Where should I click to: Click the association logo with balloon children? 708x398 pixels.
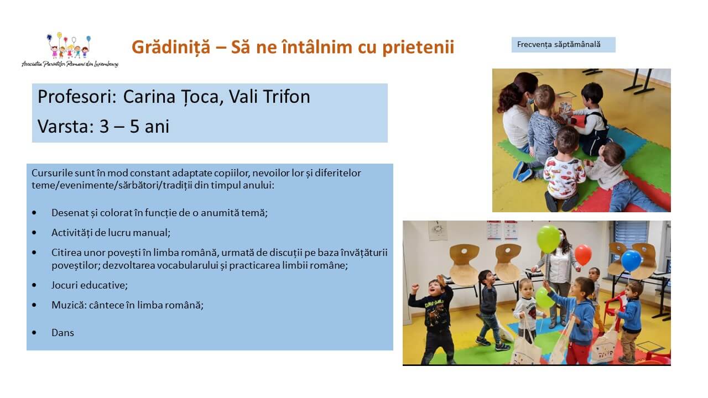click(70, 50)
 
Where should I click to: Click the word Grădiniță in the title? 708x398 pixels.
click(171, 48)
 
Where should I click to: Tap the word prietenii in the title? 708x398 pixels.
click(418, 48)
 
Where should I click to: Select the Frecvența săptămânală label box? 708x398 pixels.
click(563, 45)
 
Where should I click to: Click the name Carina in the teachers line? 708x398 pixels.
click(149, 97)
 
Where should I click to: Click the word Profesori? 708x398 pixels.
click(77, 97)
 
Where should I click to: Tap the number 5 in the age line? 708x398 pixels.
click(134, 127)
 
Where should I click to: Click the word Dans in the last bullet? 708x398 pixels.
click(63, 333)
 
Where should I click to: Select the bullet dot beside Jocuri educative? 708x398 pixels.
click(34, 285)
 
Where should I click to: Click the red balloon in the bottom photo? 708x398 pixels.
click(583, 255)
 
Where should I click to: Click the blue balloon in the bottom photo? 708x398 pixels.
click(631, 261)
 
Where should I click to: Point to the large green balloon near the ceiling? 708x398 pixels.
click(548, 239)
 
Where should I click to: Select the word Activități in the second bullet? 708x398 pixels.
click(72, 233)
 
